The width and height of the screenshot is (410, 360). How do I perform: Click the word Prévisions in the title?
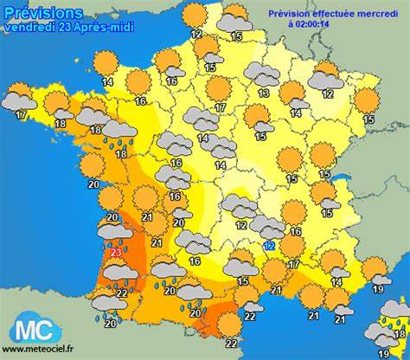43,12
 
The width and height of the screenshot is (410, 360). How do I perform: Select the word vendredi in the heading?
26,26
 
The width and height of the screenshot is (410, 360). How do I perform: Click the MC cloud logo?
35,330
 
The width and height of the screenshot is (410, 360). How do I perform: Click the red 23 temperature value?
116,253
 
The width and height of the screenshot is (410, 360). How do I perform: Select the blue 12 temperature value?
269,246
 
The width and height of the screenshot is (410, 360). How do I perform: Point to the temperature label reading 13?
263,93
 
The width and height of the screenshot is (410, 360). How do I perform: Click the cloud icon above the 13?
261,74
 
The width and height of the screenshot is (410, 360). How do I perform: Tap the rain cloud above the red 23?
116,230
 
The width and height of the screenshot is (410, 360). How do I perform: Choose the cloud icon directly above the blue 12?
267,226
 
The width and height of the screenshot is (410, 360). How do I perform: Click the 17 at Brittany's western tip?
20,114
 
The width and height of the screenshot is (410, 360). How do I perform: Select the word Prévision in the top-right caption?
290,14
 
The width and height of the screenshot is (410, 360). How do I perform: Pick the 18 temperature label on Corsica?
399,323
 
